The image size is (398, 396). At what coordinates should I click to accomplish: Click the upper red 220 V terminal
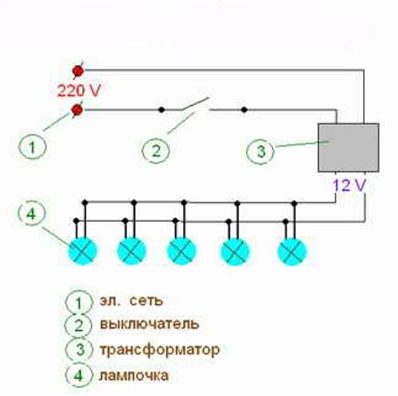[x=78, y=71]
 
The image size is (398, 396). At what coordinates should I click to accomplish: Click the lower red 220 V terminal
[x=77, y=110]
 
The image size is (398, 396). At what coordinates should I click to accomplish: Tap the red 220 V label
[x=79, y=91]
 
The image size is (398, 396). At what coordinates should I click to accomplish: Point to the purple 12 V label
[x=349, y=185]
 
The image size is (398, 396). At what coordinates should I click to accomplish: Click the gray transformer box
[x=349, y=148]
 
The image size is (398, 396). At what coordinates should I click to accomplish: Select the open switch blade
[x=195, y=104]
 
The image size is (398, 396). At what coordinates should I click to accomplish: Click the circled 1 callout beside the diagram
[x=33, y=146]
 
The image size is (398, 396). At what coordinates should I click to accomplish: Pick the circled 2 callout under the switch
[x=156, y=151]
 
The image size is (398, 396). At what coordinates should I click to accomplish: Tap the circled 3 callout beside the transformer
[x=260, y=151]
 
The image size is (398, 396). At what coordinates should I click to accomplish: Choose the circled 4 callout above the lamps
[x=32, y=213]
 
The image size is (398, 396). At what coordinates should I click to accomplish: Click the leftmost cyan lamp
[x=83, y=251]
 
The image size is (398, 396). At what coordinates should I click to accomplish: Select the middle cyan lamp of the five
[x=181, y=251]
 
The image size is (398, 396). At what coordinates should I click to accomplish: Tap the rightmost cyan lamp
[x=292, y=252]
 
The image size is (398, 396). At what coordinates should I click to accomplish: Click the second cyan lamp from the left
[x=131, y=251]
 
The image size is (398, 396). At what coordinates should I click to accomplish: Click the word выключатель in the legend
[x=150, y=324]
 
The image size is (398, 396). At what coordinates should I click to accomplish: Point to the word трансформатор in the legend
[x=160, y=350]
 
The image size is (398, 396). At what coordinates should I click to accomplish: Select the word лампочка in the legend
[x=134, y=375]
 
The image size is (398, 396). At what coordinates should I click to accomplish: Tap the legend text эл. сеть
[x=131, y=301]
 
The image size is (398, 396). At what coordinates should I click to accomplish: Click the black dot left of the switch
[x=161, y=110]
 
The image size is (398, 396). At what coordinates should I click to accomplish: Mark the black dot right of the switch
[x=244, y=110]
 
